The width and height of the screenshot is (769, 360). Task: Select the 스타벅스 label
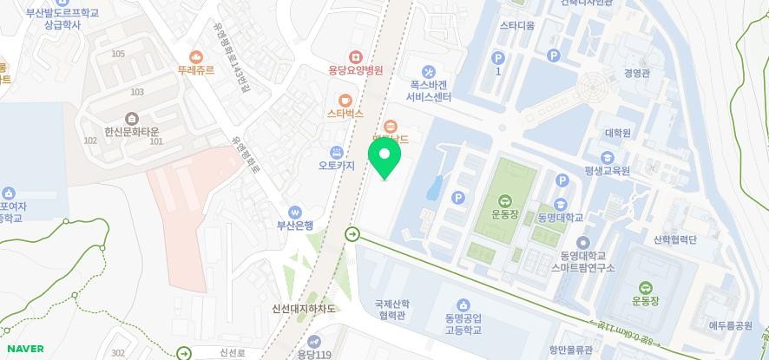tap(345, 113)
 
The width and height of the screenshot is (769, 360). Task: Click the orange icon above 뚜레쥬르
tap(196, 57)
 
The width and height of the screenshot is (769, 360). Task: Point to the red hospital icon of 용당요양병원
tap(355, 56)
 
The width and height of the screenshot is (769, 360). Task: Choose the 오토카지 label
tap(337, 167)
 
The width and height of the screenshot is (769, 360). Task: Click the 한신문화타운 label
tap(132, 130)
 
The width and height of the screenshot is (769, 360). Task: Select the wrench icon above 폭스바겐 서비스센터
tap(428, 71)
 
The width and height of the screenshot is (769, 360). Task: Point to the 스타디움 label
tap(517, 25)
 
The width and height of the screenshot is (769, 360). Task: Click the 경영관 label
tap(636, 74)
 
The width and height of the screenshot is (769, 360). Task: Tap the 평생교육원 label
tap(607, 171)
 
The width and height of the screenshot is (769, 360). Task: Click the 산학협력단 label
tap(675, 239)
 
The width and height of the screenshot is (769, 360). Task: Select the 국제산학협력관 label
tap(391, 310)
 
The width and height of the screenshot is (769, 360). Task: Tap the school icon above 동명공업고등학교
tap(463, 304)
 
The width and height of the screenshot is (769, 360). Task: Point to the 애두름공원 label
tap(730, 325)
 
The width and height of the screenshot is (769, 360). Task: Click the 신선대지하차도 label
tap(304, 309)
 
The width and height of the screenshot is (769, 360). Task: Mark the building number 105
tap(118, 54)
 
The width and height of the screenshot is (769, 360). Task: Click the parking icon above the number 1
tap(498, 57)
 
